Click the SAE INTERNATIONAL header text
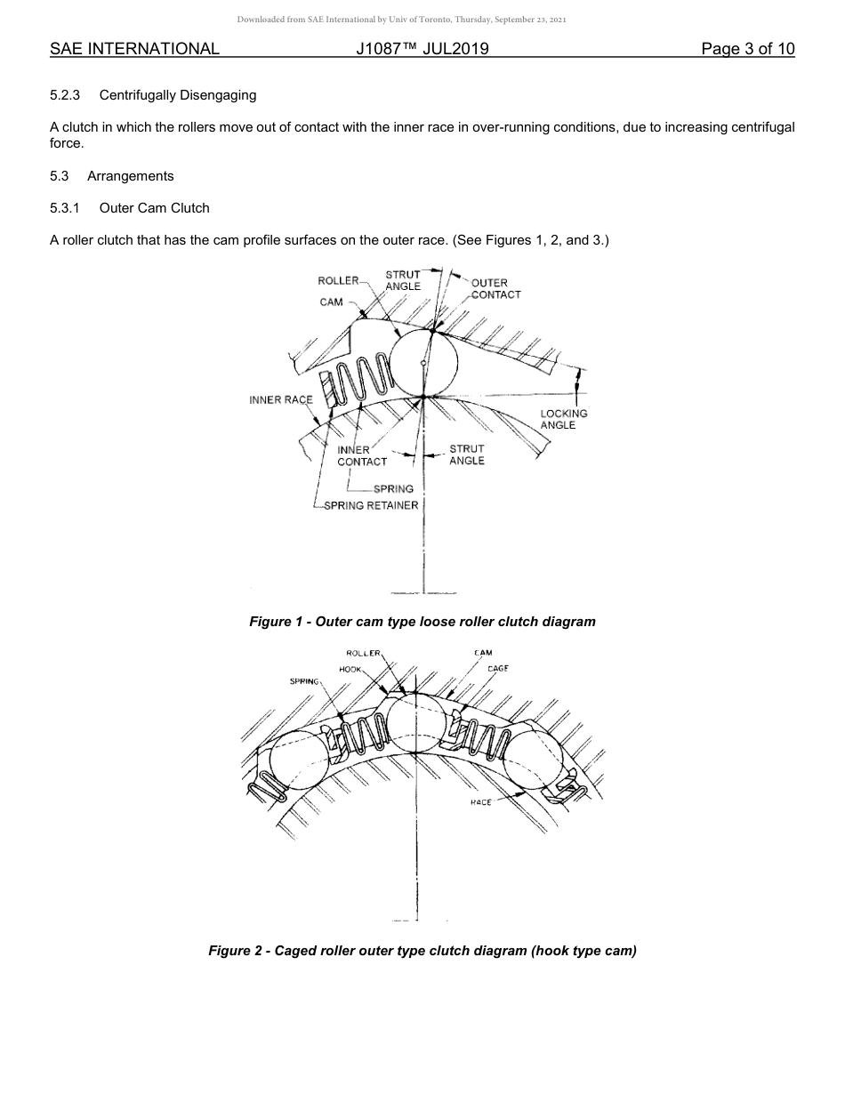(x=134, y=49)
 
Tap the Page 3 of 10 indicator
(x=747, y=49)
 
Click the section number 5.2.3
(x=65, y=94)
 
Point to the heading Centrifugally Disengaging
(x=178, y=94)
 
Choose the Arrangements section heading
(x=131, y=176)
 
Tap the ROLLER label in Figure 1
(x=338, y=281)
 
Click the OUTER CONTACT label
(x=495, y=289)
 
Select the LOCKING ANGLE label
(x=564, y=419)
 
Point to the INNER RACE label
(x=281, y=400)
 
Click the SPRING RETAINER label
(x=371, y=505)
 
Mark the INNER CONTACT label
(x=362, y=455)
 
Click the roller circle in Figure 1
(x=424, y=363)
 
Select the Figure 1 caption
(x=422, y=622)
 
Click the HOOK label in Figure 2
(x=350, y=669)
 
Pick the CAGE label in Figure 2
(x=498, y=668)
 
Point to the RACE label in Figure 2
(x=480, y=802)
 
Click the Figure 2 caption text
(x=422, y=951)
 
